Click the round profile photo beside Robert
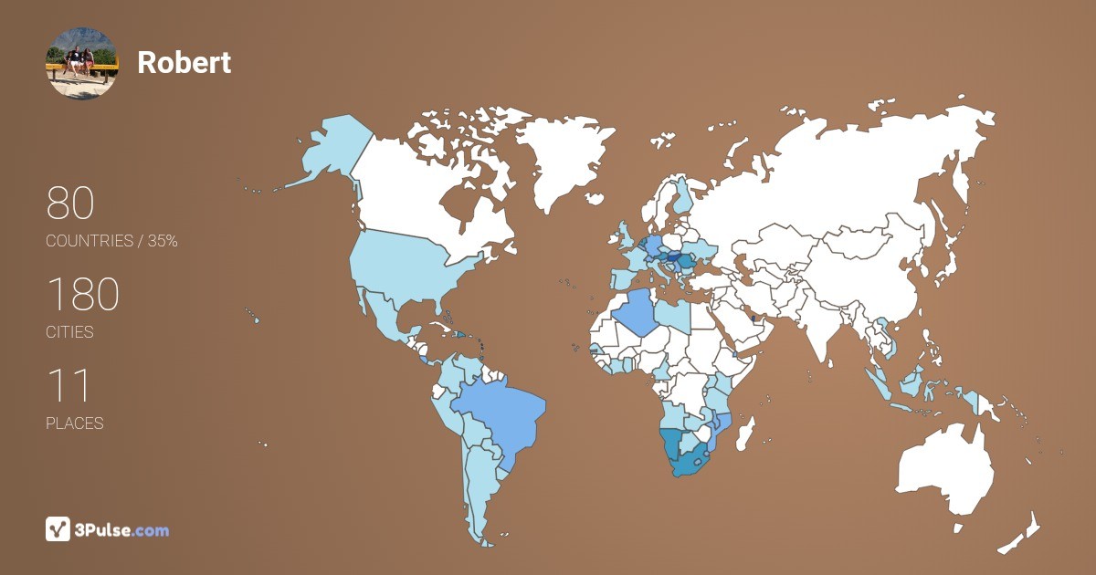click(81, 63)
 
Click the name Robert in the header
click(184, 62)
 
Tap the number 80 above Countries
click(70, 203)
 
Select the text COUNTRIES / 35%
click(111, 241)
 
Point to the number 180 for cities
click(82, 295)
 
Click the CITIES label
click(69, 332)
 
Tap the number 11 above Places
click(68, 386)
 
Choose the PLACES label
click(74, 423)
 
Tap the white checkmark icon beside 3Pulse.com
click(58, 529)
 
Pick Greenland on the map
click(557, 155)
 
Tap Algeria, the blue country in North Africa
click(637, 315)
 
